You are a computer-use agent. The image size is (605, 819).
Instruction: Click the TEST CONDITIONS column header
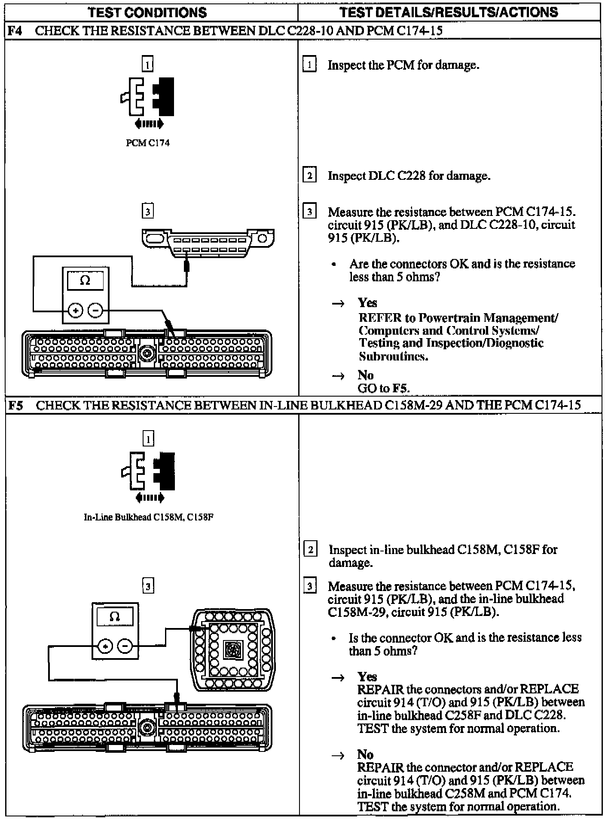pos(147,12)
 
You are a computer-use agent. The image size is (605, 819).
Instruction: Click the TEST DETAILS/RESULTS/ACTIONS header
pos(449,12)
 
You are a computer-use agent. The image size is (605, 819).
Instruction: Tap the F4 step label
pos(15,31)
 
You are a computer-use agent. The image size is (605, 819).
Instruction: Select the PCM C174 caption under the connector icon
pos(147,143)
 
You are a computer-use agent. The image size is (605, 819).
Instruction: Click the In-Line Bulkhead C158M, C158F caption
pos(148,517)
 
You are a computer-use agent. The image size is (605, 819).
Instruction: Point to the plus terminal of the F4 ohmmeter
pos(76,310)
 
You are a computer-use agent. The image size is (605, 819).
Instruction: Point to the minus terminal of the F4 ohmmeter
pos(95,310)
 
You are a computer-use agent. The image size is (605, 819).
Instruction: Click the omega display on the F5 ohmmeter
pos(115,617)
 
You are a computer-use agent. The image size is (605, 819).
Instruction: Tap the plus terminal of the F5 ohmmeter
pos(105,646)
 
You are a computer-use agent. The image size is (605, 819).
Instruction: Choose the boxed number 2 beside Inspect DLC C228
pos(309,175)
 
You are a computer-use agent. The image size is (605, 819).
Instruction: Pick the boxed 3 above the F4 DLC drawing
pos(147,211)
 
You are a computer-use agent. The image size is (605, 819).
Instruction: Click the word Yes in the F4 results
pos(367,303)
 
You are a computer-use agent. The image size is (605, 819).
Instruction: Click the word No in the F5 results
pos(365,754)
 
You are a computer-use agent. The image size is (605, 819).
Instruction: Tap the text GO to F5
pos(383,388)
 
